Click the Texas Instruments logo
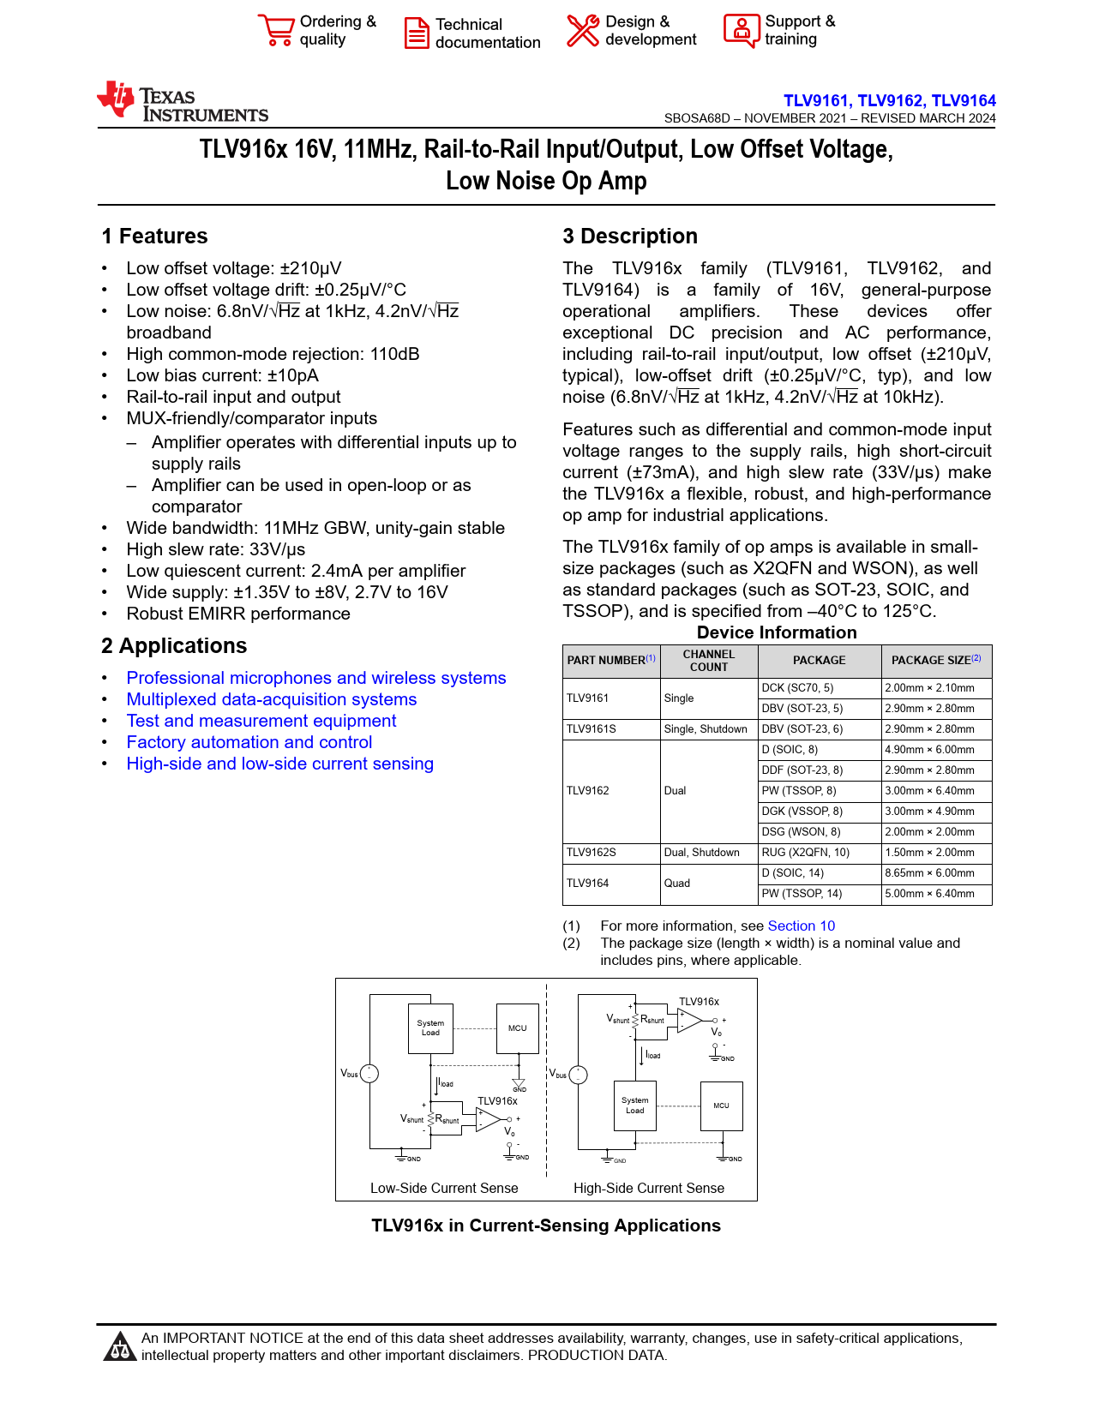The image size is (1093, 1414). (182, 103)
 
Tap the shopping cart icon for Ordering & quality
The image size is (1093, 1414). (276, 30)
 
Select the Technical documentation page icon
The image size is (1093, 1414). (417, 33)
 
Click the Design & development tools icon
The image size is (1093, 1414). (583, 30)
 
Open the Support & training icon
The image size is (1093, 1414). (741, 30)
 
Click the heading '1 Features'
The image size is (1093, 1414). (154, 237)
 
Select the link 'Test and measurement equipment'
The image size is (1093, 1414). (261, 721)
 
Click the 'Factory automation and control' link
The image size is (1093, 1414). (249, 742)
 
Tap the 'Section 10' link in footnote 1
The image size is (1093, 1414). (801, 926)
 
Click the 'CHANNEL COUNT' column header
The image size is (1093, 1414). (708, 661)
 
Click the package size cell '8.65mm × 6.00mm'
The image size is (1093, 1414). (936, 873)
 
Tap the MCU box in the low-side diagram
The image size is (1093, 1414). (518, 1028)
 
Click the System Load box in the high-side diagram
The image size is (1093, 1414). (635, 1105)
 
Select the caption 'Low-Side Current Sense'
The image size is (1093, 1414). (444, 1188)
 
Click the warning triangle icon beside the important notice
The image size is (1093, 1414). (119, 1347)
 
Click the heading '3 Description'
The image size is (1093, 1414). (630, 237)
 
